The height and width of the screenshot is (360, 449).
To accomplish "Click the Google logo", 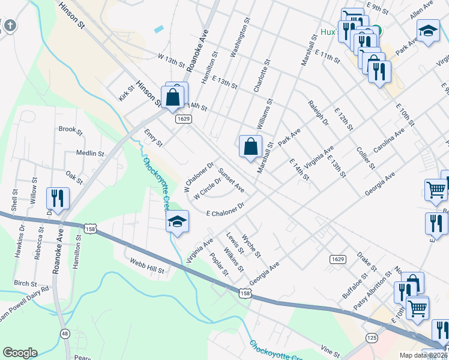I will pyautogui.click(x=20, y=353).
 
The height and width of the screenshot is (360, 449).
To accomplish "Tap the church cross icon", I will pyautogui.click(x=10, y=26).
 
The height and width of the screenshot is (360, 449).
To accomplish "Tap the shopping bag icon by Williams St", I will pyautogui.click(x=250, y=146).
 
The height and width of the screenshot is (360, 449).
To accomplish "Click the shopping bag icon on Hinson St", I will pyautogui.click(x=172, y=97).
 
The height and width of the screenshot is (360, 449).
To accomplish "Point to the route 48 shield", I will pyautogui.click(x=64, y=334).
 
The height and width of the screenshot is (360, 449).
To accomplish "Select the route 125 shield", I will pyautogui.click(x=372, y=339).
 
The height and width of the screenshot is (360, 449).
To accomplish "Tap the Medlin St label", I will pyautogui.click(x=90, y=154).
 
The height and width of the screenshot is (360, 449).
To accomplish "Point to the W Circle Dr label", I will pyautogui.click(x=208, y=189).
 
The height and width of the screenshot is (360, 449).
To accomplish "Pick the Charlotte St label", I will pyautogui.click(x=262, y=76).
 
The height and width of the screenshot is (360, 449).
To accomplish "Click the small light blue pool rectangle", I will pyautogui.click(x=158, y=29).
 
